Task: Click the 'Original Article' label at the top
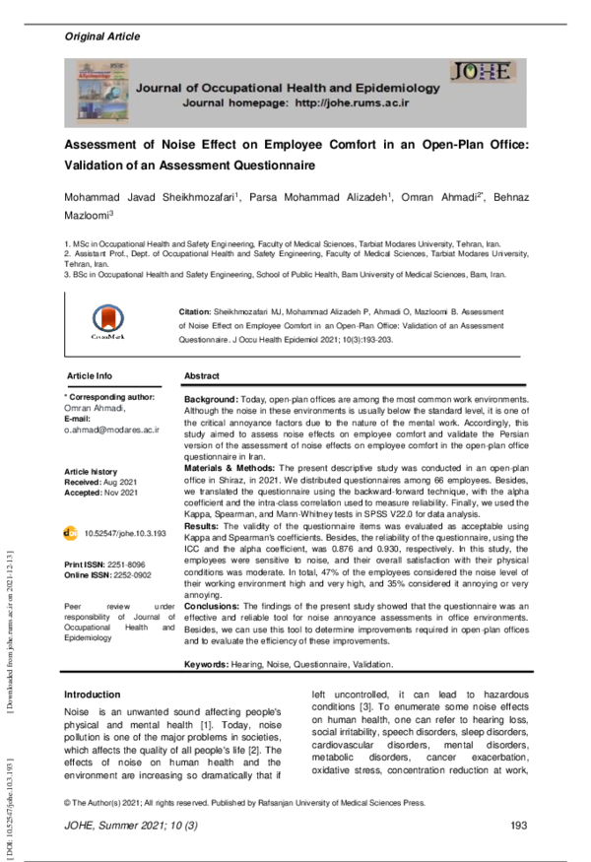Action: [x=101, y=36]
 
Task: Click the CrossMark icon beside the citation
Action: [x=109, y=322]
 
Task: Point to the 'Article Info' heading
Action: [x=90, y=376]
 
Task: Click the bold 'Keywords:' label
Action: [x=207, y=666]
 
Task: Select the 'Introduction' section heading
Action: [x=92, y=695]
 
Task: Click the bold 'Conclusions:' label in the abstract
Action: [x=215, y=606]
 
